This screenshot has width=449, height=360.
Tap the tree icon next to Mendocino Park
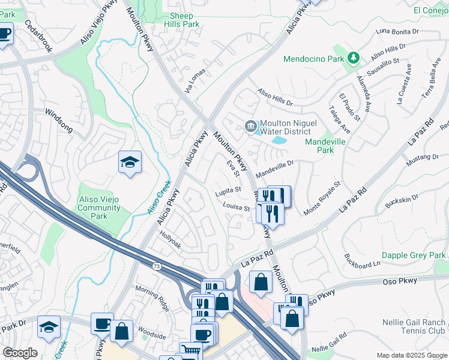[x=354, y=58]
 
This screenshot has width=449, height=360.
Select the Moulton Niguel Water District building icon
[x=250, y=126]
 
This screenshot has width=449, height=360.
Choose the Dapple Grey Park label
[x=414, y=255]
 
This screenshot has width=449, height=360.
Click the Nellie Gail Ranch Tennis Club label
[x=414, y=327]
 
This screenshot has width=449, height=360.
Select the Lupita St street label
[x=229, y=192]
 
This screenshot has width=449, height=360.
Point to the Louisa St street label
[x=237, y=208]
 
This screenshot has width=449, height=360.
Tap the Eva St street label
[x=233, y=169]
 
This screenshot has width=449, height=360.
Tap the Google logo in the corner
[x=20, y=353]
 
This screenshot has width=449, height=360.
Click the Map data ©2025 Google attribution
[x=412, y=355]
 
